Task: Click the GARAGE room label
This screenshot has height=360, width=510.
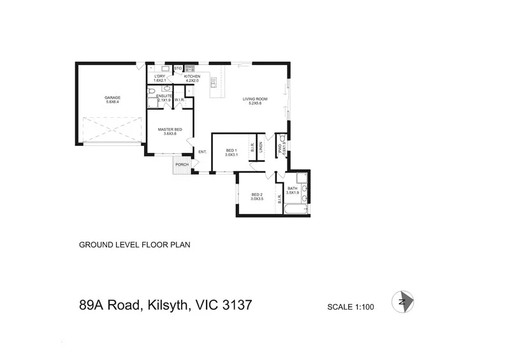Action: pos(113,97)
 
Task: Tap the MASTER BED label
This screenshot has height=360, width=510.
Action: pos(170,129)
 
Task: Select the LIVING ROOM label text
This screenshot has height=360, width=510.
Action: pos(254,99)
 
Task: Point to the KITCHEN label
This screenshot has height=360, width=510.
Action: pos(193,76)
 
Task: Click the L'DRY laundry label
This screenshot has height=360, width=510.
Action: pos(160,76)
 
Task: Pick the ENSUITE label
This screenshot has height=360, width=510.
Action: pos(164,96)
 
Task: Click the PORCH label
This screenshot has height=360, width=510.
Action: pos(182,164)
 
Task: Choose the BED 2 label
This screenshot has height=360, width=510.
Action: pos(257,195)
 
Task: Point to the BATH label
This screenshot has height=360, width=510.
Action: pos(293,189)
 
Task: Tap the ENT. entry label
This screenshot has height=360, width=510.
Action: pos(203,152)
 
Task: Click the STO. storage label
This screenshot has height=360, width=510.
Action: pos(178,68)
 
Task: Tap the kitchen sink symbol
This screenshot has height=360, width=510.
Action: pos(189,68)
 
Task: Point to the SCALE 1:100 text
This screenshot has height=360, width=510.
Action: pos(350,306)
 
